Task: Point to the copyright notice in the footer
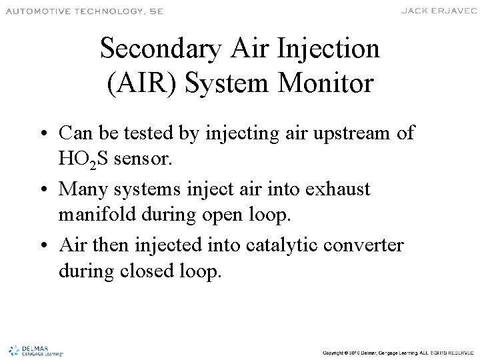click(397, 351)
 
